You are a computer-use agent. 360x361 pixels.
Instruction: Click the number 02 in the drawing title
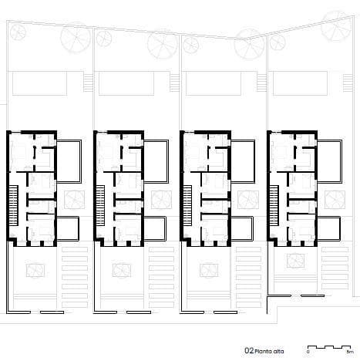click(x=248, y=349)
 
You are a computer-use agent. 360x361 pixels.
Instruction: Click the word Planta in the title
click(x=263, y=349)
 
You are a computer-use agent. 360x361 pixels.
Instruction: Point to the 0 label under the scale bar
click(x=308, y=352)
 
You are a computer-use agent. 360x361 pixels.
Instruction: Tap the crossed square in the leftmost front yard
click(x=35, y=270)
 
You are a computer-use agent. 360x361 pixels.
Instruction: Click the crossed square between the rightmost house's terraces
click(x=336, y=199)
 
